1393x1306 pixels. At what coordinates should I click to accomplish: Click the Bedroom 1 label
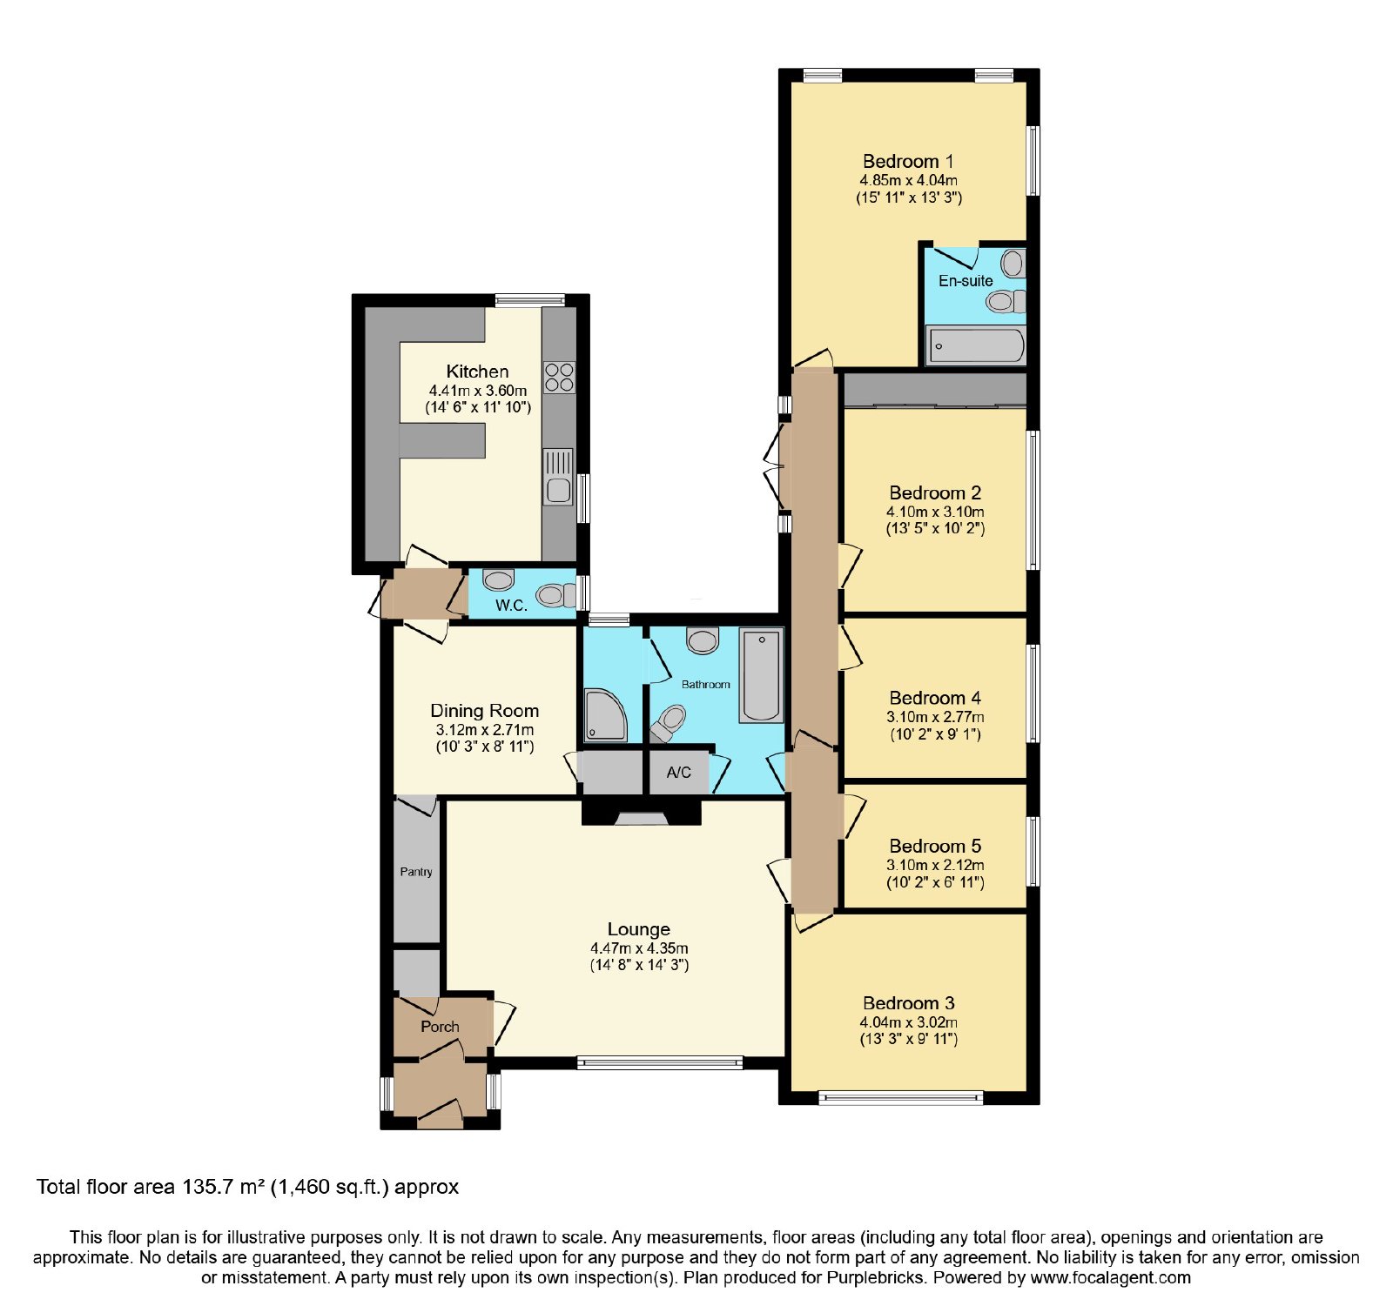coord(908,161)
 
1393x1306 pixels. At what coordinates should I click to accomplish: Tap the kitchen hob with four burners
coord(559,377)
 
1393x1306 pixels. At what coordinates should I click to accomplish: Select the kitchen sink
coord(558,477)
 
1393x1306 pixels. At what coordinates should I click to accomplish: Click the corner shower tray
coord(605,715)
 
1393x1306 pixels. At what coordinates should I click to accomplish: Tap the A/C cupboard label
coord(679,773)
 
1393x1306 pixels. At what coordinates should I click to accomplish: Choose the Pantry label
coord(416,872)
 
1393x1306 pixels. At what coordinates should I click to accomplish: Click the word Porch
coord(440,1027)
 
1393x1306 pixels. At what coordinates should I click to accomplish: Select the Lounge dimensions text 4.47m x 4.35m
coord(639,948)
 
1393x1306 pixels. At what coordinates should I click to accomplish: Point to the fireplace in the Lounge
coord(642,814)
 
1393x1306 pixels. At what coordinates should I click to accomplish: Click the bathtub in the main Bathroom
coord(761,676)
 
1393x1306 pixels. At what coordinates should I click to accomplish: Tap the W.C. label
coord(511,606)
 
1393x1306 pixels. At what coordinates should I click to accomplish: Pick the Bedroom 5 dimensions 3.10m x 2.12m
coord(935,865)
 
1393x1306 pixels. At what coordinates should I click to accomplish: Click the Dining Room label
coord(484,711)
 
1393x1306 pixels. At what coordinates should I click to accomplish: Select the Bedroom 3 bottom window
coord(901,1099)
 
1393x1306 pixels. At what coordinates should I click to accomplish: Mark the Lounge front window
coord(660,1062)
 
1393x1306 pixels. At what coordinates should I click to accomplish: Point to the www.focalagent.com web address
coord(1110,1278)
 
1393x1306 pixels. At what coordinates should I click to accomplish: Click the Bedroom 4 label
coord(935,698)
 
